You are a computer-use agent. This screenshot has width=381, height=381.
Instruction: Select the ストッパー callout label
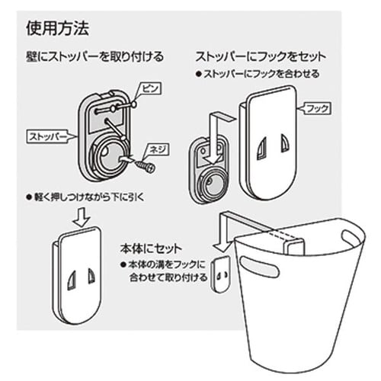point(44,139)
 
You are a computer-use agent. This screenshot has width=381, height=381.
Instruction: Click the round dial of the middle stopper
point(212,184)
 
